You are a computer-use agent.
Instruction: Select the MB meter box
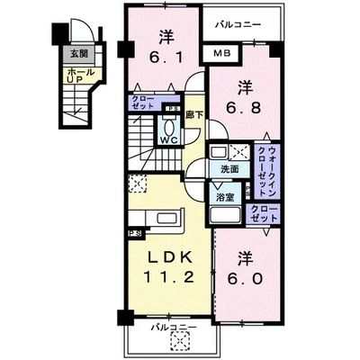point(220,55)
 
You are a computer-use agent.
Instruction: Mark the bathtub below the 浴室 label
point(223,216)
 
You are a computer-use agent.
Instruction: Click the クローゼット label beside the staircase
point(143,102)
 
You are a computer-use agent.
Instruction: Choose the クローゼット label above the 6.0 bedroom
point(265,213)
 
